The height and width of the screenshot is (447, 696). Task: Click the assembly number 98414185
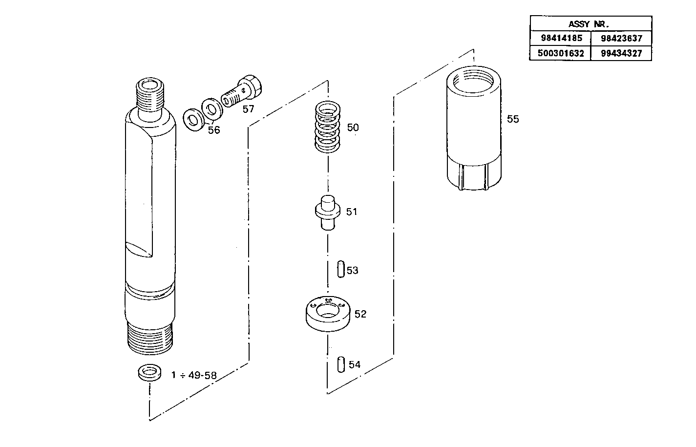tap(561, 38)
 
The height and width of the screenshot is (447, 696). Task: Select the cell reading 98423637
tap(621, 38)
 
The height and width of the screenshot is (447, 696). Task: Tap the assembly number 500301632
tap(561, 53)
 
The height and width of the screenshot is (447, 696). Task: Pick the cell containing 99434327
tap(621, 53)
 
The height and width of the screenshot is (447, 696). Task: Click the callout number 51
tap(352, 212)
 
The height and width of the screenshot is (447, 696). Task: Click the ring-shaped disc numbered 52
tap(327, 314)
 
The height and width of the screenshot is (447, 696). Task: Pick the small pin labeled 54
tap(341, 364)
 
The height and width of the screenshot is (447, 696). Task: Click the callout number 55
tap(513, 119)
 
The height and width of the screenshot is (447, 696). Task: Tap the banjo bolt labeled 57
tap(244, 91)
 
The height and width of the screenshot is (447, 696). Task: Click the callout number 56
tap(214, 130)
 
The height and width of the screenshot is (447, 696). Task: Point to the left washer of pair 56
tap(194, 119)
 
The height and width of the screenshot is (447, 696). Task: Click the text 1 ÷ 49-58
tap(194, 375)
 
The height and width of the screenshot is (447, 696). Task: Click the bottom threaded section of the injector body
tap(150, 337)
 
